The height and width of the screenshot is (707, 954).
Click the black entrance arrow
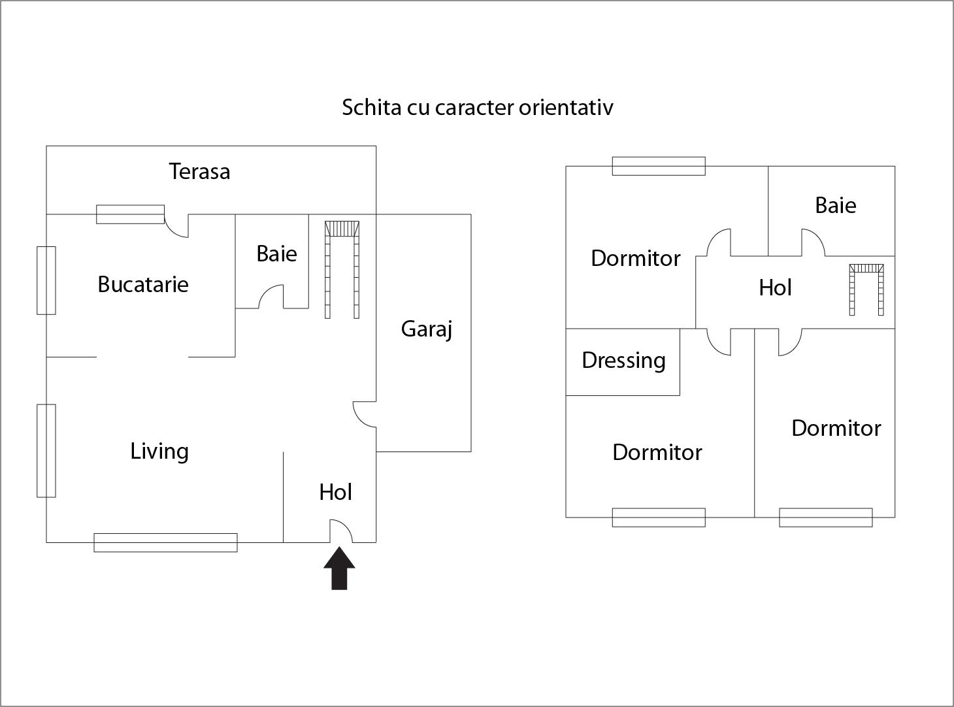point(339,568)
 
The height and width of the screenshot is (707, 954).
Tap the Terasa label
point(199,171)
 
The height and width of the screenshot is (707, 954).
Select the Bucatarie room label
point(142,284)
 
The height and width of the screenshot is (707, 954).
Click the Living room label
point(159,451)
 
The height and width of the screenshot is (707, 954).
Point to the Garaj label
point(426,329)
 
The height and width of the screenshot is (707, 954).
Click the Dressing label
point(623,360)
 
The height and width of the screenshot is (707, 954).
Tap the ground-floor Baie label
point(276,254)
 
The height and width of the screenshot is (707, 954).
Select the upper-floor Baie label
point(835,205)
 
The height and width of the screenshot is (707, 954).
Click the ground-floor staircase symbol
point(342,269)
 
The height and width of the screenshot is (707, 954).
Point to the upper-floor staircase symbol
point(866,288)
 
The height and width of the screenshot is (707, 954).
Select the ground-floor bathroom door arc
point(271,297)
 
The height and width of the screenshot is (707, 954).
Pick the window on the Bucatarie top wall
point(130,214)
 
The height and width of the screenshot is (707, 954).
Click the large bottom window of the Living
point(165,542)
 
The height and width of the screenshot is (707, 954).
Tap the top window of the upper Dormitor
point(658,166)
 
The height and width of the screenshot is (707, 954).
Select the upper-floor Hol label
point(775,288)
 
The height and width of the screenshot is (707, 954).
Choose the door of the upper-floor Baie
point(813,242)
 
